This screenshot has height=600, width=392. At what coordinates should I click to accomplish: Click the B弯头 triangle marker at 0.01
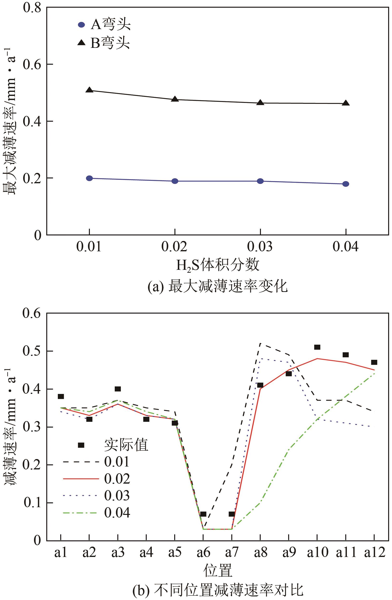click(x=89, y=90)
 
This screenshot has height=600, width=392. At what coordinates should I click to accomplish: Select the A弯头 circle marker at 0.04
click(x=345, y=184)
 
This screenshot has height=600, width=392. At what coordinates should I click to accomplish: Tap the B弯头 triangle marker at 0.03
click(x=260, y=102)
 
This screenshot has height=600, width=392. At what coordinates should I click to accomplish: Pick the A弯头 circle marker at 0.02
click(x=175, y=181)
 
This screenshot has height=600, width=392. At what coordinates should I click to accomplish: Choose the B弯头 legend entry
click(x=104, y=43)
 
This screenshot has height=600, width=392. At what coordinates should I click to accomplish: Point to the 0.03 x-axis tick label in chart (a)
click(x=260, y=246)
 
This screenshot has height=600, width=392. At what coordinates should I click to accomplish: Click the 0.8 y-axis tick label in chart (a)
click(x=32, y=7)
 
